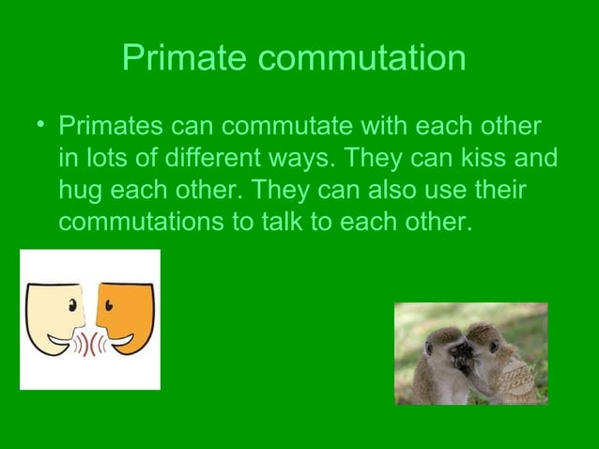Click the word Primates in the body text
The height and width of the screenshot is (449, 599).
pyautogui.click(x=113, y=126)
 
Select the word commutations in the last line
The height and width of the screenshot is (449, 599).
pyautogui.click(x=139, y=224)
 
